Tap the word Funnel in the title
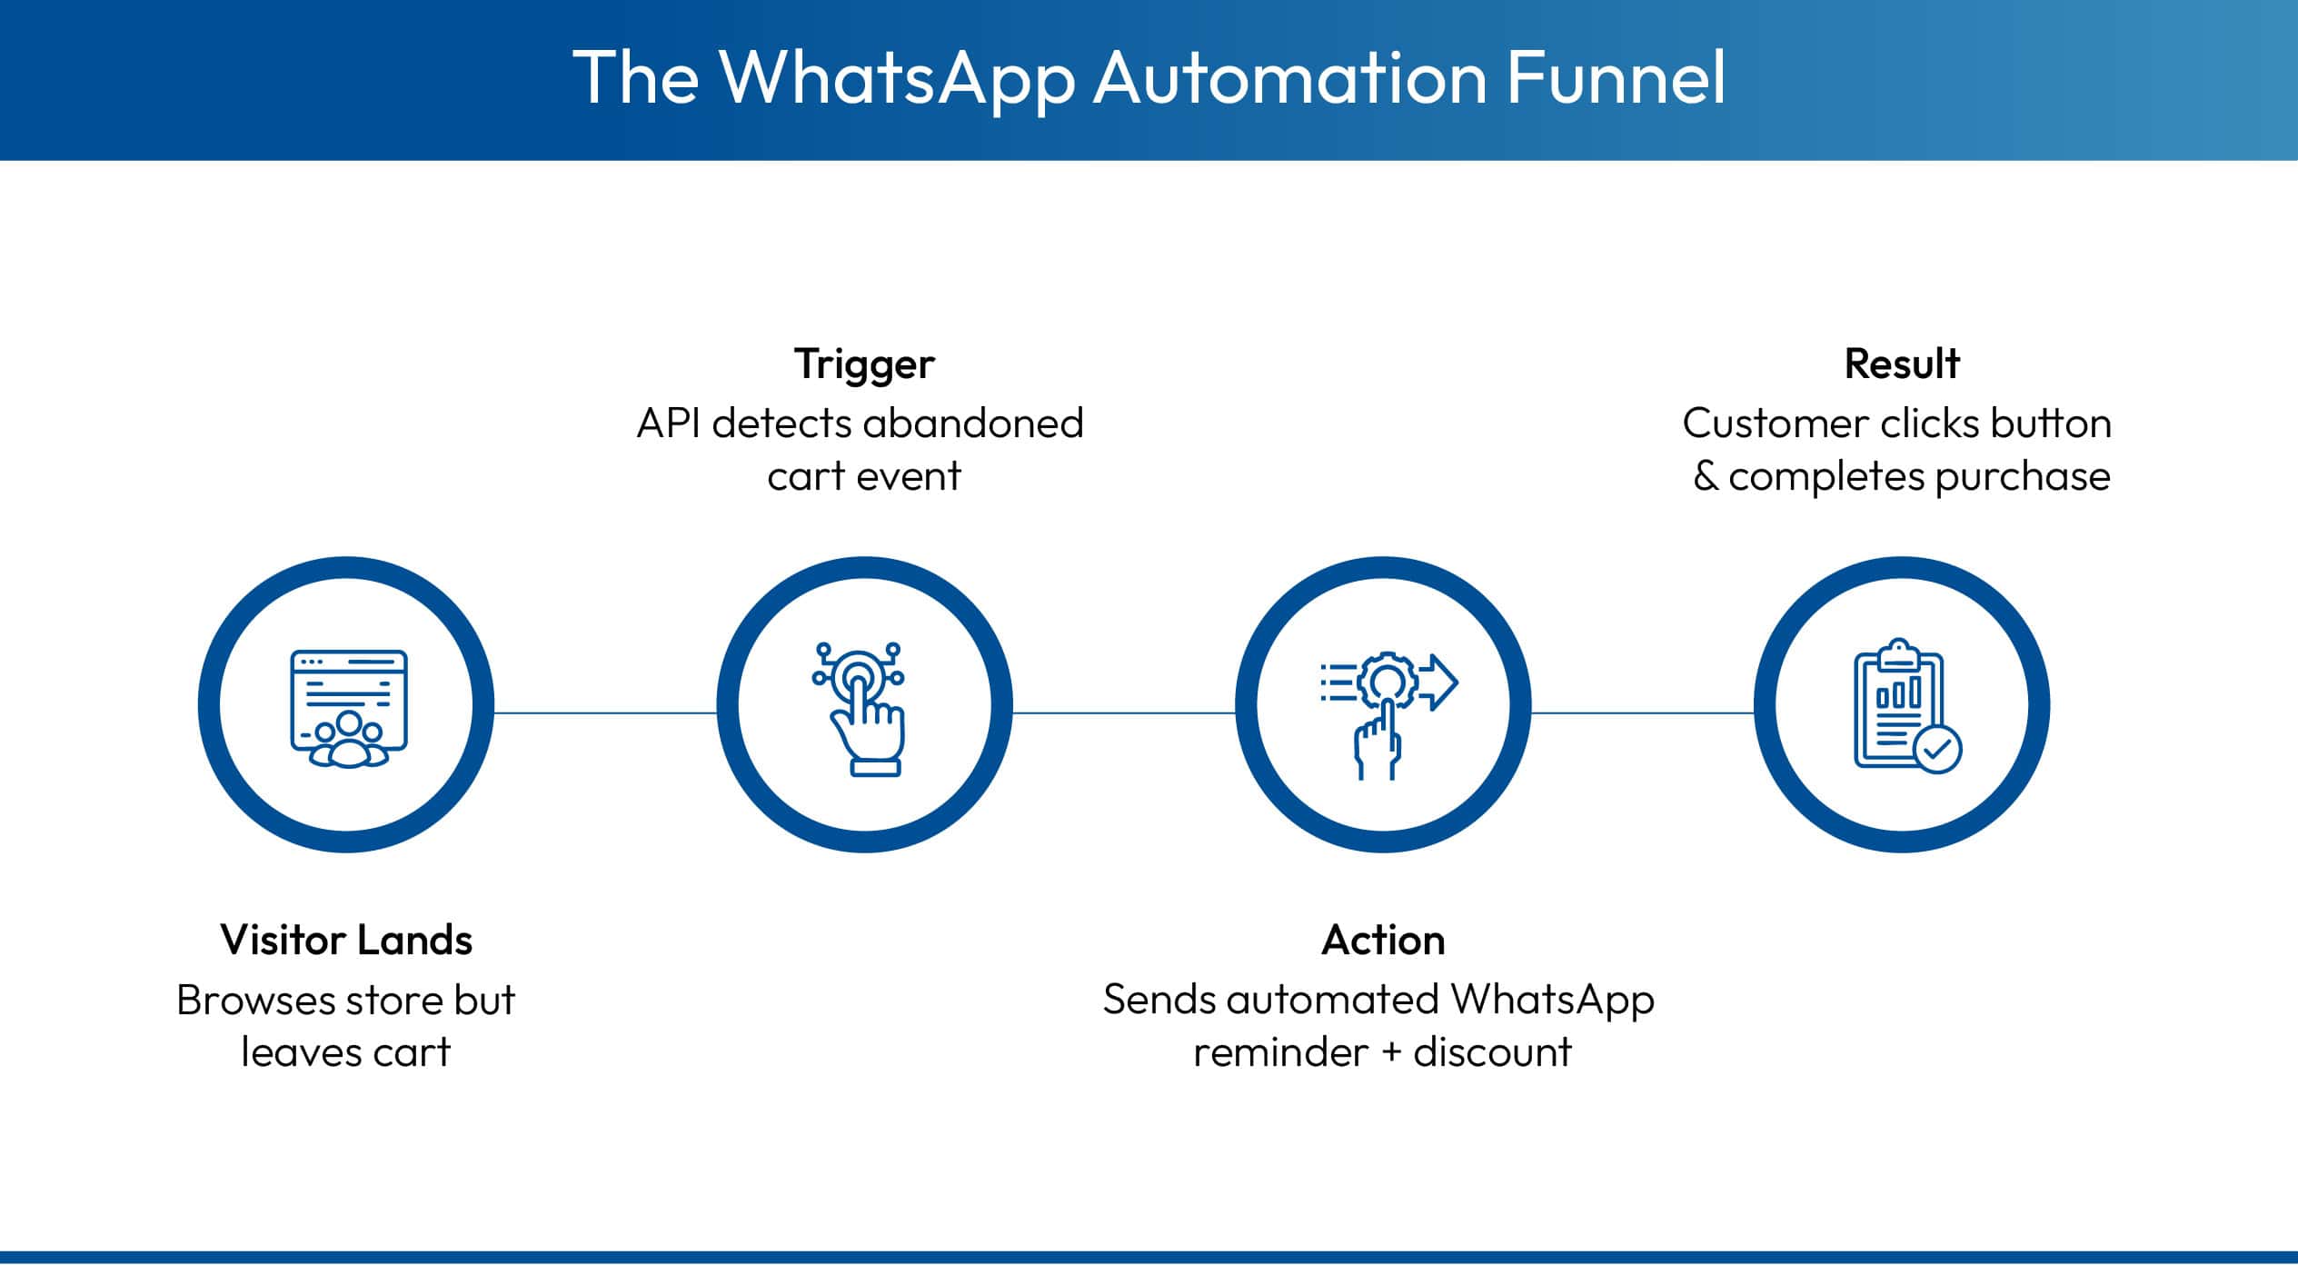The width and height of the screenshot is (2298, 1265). pyautogui.click(x=1616, y=78)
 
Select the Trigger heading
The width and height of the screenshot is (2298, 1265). pyautogui.click(x=864, y=364)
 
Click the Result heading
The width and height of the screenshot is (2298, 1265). pyautogui.click(x=1901, y=364)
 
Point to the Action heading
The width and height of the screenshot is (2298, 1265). pyautogui.click(x=1383, y=941)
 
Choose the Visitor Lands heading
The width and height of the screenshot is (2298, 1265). pyautogui.click(x=346, y=941)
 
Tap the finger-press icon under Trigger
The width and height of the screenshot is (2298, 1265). pyautogui.click(x=860, y=708)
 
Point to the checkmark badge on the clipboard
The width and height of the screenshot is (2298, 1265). pyautogui.click(x=1937, y=749)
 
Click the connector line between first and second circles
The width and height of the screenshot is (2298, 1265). pyautogui.click(x=605, y=713)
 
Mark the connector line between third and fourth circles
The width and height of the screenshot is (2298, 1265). pyautogui.click(x=1643, y=713)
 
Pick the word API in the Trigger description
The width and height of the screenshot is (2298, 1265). pyautogui.click(x=668, y=423)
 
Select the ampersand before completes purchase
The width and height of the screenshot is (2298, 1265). pyautogui.click(x=1706, y=476)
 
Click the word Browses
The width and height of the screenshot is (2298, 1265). pyautogui.click(x=256, y=1001)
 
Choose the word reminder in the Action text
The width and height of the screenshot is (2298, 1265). pyautogui.click(x=1280, y=1053)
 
